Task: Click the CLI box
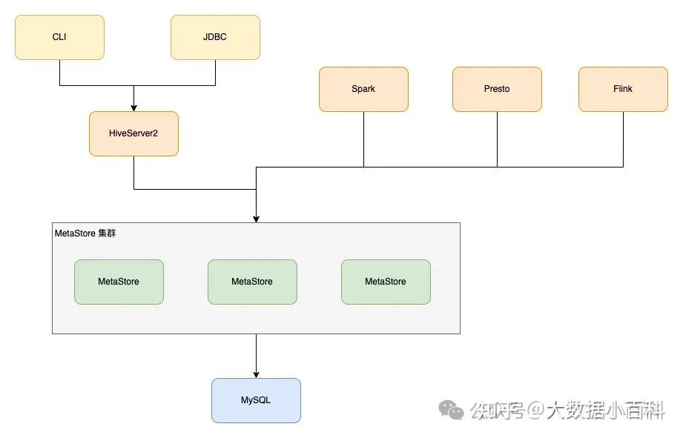(x=59, y=37)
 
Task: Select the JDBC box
(x=215, y=37)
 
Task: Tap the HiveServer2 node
(x=133, y=133)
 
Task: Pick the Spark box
(x=363, y=89)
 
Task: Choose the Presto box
(x=497, y=89)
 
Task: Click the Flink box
(x=623, y=89)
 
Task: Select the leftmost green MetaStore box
(x=119, y=282)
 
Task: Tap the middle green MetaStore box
(x=252, y=282)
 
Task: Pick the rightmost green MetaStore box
(x=386, y=282)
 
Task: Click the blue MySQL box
(x=256, y=400)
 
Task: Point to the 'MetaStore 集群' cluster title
(x=85, y=233)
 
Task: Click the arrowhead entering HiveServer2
(x=133, y=107)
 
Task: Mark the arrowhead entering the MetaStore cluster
(x=256, y=219)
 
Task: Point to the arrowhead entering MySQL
(x=256, y=374)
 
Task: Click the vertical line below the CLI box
(x=59, y=72)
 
